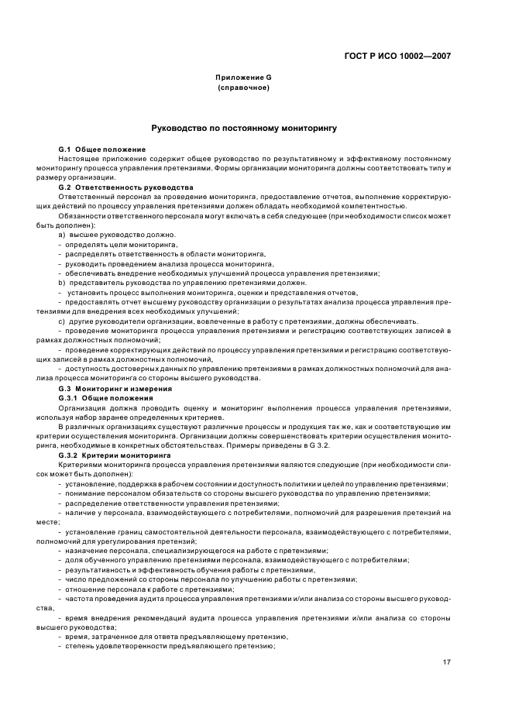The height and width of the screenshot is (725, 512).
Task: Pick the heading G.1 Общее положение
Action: (101, 149)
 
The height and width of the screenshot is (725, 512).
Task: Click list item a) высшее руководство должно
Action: (117, 235)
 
